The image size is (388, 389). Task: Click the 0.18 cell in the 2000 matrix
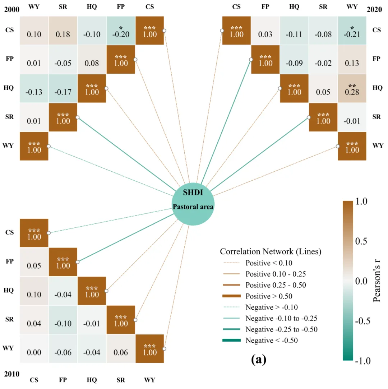point(63,31)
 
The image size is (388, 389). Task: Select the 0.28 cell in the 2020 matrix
point(352,89)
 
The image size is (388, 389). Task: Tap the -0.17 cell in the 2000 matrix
point(63,89)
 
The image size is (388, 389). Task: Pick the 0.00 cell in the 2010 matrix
point(34,349)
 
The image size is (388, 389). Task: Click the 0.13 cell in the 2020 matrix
point(352,60)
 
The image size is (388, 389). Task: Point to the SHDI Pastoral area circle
point(193,204)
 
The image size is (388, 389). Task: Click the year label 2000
point(11,9)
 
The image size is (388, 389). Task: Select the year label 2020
point(374,9)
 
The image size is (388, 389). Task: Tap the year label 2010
point(11,374)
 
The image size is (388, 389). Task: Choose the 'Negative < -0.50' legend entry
point(260,341)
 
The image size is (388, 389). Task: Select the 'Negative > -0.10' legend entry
point(260,307)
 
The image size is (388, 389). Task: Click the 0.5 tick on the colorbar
point(361,241)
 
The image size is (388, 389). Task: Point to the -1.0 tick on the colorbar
point(363,361)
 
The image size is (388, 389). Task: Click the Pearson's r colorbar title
point(377,281)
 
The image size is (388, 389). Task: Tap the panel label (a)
point(259,359)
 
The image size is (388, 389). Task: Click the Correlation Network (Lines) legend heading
point(271,251)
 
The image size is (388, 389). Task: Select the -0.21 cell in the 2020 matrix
point(352,31)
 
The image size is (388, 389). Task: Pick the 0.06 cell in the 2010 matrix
point(121,349)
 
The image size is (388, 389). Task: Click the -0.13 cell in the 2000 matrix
point(34,89)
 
